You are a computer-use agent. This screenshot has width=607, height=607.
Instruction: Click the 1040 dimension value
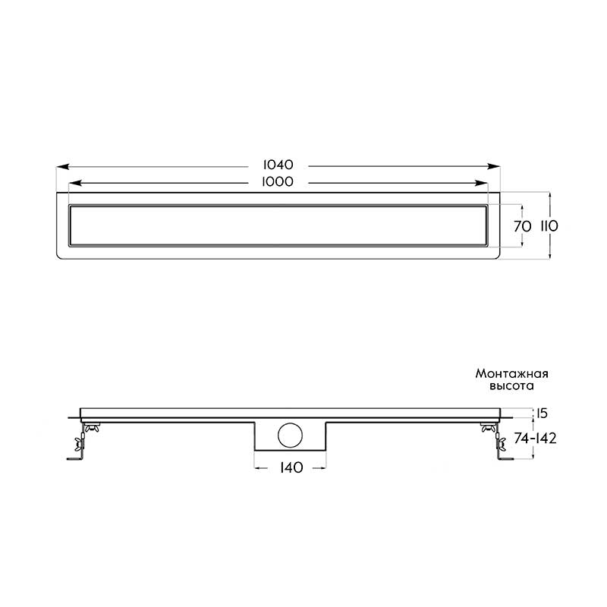click(278, 165)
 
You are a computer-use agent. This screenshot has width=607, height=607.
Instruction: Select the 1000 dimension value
click(278, 181)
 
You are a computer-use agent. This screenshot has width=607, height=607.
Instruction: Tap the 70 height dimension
click(523, 226)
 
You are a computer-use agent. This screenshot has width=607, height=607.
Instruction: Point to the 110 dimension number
click(549, 225)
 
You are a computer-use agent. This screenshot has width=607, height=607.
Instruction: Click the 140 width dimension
click(291, 467)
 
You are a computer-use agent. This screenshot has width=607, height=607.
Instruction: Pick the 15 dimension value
click(543, 414)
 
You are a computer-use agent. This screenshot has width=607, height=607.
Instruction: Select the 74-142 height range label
click(536, 439)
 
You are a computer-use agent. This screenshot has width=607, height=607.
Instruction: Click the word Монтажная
click(511, 374)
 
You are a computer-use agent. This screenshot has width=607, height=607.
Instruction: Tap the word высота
click(511, 386)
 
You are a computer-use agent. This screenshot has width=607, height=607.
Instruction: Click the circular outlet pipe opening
click(290, 436)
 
